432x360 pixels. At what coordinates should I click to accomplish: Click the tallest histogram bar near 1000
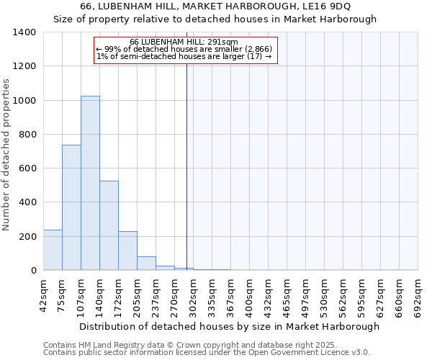click(90, 183)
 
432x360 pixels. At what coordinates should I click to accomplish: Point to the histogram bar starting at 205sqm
click(146, 264)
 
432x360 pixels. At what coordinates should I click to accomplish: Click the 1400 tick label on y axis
click(24, 32)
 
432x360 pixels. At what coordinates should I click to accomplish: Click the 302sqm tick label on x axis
click(194, 294)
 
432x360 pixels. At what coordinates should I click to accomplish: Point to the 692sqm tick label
click(418, 294)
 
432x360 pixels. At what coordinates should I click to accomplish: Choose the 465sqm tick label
click(287, 294)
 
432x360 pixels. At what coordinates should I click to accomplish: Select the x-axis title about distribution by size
click(229, 326)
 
